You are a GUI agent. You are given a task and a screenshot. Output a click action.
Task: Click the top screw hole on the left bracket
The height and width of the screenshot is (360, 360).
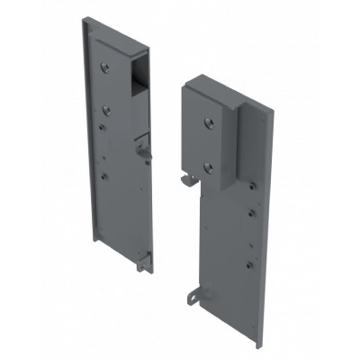[x=105, y=66]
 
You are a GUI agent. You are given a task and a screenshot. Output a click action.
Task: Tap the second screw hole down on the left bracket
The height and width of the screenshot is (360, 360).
[x=105, y=109]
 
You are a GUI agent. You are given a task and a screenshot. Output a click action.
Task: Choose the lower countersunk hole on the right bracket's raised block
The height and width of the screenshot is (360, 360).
[x=209, y=166]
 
